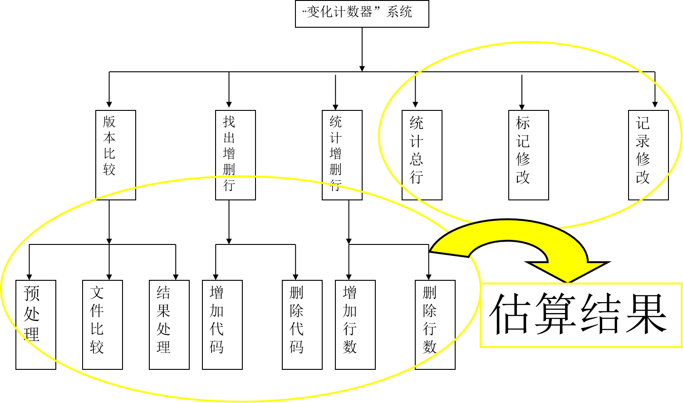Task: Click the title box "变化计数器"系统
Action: pyautogui.click(x=362, y=14)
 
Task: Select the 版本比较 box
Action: pyautogui.click(x=115, y=155)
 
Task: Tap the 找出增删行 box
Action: pyautogui.click(x=235, y=155)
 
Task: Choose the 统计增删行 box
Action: pyautogui.click(x=342, y=155)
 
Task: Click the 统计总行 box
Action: pyautogui.click(x=422, y=155)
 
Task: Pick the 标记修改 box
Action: pyautogui.click(x=528, y=155)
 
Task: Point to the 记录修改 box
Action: pyautogui.click(x=648, y=155)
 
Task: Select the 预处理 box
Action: pyautogui.click(x=35, y=324)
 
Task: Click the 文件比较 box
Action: pyautogui.click(x=102, y=324)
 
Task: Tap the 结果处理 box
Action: pyautogui.click(x=169, y=324)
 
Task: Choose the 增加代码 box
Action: pyautogui.click(x=222, y=324)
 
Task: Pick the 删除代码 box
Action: pyautogui.click(x=302, y=324)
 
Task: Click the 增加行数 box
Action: pyautogui.click(x=355, y=324)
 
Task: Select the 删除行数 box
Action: pyautogui.click(x=435, y=324)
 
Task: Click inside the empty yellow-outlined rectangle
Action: pyautogui.click(x=581, y=315)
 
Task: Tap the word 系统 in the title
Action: pyautogui.click(x=399, y=12)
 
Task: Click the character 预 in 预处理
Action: pyautogui.click(x=32, y=294)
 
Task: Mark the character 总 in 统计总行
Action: pyautogui.click(x=417, y=159)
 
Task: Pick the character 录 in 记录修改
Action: pyautogui.click(x=643, y=141)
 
